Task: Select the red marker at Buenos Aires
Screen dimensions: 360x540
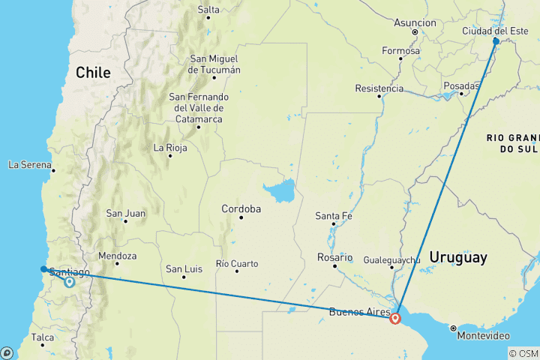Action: pyautogui.click(x=395, y=318)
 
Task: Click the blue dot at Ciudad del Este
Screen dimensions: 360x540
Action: pyautogui.click(x=496, y=41)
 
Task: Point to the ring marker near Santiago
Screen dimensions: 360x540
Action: pyautogui.click(x=69, y=283)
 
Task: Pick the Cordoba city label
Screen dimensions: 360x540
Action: pyautogui.click(x=241, y=208)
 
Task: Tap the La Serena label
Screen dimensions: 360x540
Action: pyautogui.click(x=30, y=164)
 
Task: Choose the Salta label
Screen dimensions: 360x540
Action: pyautogui.click(x=208, y=10)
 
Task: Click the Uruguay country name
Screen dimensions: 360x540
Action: pyautogui.click(x=457, y=258)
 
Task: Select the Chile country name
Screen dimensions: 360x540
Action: pyautogui.click(x=92, y=73)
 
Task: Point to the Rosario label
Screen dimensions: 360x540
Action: pyautogui.click(x=334, y=257)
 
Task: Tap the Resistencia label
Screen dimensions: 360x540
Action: pyautogui.click(x=379, y=88)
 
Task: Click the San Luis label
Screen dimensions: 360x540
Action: pyautogui.click(x=184, y=268)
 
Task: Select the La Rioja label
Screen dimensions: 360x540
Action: pyautogui.click(x=169, y=148)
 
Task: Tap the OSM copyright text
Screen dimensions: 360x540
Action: pyautogui.click(x=523, y=353)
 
